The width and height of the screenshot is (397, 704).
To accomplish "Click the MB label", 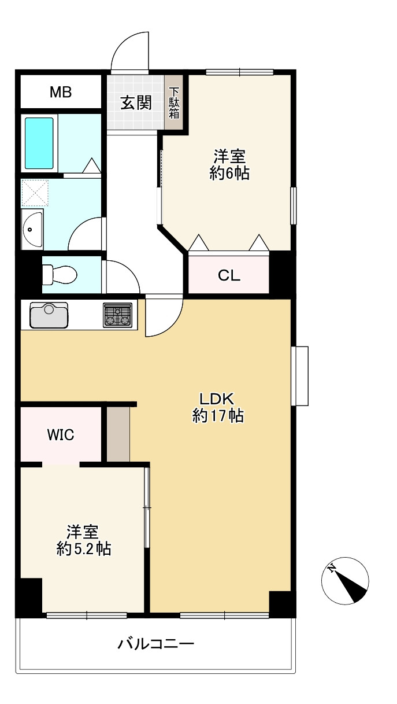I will pyautogui.click(x=60, y=92).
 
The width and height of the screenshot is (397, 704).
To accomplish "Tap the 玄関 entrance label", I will pyautogui.click(x=136, y=103).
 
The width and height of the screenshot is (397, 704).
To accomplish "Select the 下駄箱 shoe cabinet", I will pyautogui.click(x=174, y=103).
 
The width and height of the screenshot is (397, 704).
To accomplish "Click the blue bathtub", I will pyautogui.click(x=39, y=143).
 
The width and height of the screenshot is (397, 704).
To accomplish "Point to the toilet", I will pyautogui.click(x=59, y=274).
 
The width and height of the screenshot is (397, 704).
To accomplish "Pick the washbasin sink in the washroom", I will pyautogui.click(x=32, y=230).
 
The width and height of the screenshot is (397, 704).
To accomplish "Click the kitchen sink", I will pyautogui.click(x=49, y=315).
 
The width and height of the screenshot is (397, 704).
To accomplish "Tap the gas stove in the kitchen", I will pyautogui.click(x=117, y=315).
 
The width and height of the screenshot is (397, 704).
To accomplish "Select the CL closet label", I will pyautogui.click(x=229, y=276).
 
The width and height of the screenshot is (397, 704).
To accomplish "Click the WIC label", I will pyautogui.click(x=60, y=435).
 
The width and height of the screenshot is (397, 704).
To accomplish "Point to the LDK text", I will pyautogui.click(x=216, y=399).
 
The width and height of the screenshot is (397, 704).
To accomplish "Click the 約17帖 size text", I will pyautogui.click(x=217, y=416).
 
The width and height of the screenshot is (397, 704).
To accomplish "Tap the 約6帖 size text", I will pyautogui.click(x=229, y=173).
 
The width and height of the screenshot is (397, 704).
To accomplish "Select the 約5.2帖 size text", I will pyautogui.click(x=84, y=548).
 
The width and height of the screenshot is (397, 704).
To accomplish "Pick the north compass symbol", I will pyautogui.click(x=345, y=580).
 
